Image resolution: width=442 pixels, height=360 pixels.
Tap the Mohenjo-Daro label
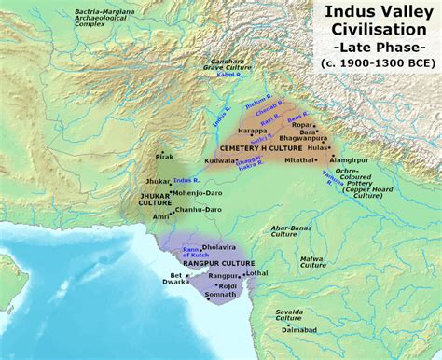click(x=197, y=192)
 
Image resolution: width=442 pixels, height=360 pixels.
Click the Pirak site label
click(x=165, y=157)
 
